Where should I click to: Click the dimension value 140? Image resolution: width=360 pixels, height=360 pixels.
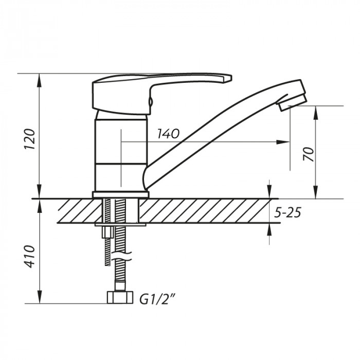pyautogui.click(x=168, y=134)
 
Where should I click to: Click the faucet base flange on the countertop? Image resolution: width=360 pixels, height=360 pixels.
pyautogui.click(x=120, y=194)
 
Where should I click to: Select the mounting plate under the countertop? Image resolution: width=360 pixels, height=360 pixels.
pyautogui.click(x=120, y=224)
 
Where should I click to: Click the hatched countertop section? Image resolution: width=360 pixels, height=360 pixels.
pyautogui.click(x=206, y=211)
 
